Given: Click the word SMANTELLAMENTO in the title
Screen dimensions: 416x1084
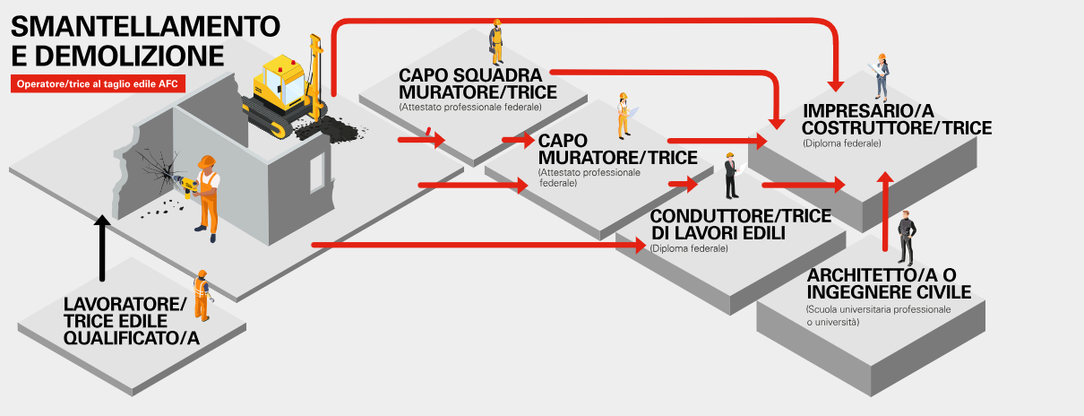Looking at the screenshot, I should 144,24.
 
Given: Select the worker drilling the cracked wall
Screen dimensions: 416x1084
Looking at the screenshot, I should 206,197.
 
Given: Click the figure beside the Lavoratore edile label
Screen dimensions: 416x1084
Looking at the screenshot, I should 202,294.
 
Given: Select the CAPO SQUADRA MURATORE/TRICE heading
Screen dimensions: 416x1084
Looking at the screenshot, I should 478,82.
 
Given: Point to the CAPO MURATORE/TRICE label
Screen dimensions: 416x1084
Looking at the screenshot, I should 618,149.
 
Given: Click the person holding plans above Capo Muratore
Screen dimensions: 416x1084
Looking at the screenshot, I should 623,115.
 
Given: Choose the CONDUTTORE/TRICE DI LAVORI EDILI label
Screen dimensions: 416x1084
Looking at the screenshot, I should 740,224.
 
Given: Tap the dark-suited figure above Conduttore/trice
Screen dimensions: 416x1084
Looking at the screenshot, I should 731,176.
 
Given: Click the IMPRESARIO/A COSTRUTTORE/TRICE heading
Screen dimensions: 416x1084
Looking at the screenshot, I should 897,119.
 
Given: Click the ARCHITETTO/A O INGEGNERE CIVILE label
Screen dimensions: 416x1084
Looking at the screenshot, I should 889,283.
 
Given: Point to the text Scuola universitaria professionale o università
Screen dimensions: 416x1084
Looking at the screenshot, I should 878,315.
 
